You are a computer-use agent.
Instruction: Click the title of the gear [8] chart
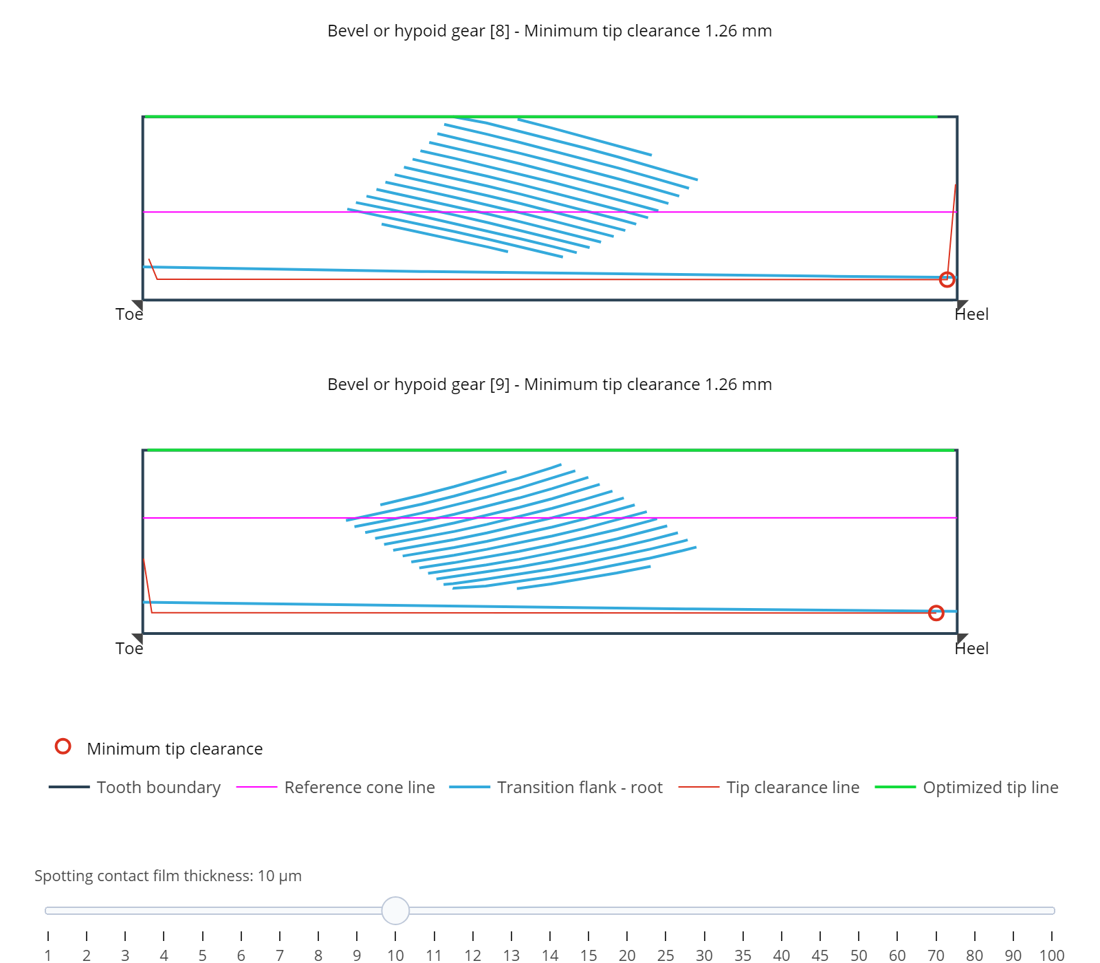pyautogui.click(x=549, y=31)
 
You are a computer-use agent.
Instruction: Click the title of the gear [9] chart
pyautogui.click(x=549, y=385)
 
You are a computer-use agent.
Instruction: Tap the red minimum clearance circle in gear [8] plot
pyautogui.click(x=947, y=279)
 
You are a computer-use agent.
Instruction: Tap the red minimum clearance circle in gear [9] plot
pyautogui.click(x=936, y=613)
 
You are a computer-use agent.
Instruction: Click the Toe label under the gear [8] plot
pyautogui.click(x=129, y=314)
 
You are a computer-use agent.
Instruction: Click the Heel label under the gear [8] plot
pyautogui.click(x=971, y=314)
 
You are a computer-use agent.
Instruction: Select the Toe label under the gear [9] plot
pyautogui.click(x=129, y=649)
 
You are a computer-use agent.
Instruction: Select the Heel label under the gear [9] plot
pyautogui.click(x=971, y=649)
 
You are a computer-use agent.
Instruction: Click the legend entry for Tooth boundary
pyautogui.click(x=135, y=788)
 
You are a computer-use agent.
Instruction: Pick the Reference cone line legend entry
pyautogui.click(x=335, y=788)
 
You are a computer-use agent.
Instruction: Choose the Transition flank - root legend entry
pyautogui.click(x=556, y=788)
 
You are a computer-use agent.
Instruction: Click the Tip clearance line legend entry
pyautogui.click(x=769, y=788)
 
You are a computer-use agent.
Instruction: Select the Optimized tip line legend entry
pyautogui.click(x=967, y=788)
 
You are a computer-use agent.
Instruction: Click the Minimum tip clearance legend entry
pyautogui.click(x=159, y=748)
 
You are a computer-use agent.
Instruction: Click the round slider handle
pyautogui.click(x=395, y=911)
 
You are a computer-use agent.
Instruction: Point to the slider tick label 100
pyautogui.click(x=1052, y=955)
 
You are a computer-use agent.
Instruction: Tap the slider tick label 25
pyautogui.click(x=665, y=955)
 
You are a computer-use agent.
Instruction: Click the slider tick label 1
pyautogui.click(x=48, y=955)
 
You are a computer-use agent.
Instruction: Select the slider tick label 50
pyautogui.click(x=859, y=955)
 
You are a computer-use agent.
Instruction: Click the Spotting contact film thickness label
pyautogui.click(x=168, y=876)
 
